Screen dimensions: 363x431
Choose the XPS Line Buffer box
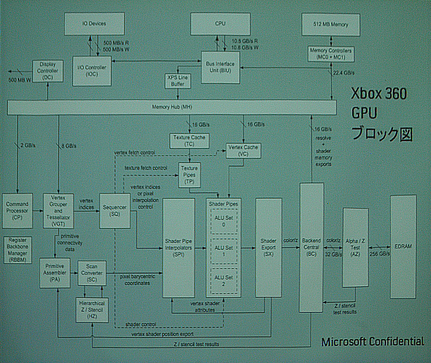[x=178, y=80]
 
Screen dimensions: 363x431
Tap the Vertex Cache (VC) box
[x=244, y=151]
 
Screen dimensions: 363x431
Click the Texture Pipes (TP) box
[x=190, y=174]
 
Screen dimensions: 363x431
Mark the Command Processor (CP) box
[x=17, y=211]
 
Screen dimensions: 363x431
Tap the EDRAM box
[x=403, y=246]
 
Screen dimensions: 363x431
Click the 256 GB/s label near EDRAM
[x=379, y=254]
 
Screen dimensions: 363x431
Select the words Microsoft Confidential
[x=372, y=342]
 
